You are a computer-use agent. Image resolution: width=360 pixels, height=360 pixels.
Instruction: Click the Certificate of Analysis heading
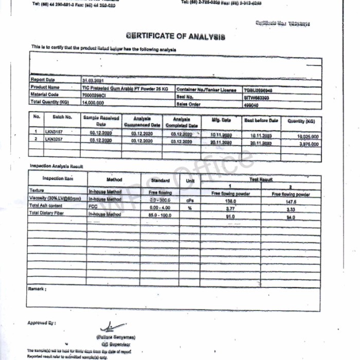pos(175,36)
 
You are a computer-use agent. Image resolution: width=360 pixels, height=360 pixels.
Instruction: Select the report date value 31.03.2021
pos(93,80)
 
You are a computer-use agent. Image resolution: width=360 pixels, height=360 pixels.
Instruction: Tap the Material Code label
pos(45,95)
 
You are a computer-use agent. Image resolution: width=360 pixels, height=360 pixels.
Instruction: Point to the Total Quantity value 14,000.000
pos(93,102)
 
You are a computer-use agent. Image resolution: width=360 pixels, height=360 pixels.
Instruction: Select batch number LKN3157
pos(53,132)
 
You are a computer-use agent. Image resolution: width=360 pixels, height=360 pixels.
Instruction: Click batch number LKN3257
pos(53,139)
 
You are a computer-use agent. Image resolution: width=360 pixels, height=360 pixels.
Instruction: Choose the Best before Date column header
pos(261,120)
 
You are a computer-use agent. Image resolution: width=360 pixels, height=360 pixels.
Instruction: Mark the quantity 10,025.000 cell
pos(308,137)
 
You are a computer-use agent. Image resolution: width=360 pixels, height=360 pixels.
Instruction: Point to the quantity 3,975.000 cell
pos(308,144)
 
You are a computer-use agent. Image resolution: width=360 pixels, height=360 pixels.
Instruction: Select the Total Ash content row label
pos(46,206)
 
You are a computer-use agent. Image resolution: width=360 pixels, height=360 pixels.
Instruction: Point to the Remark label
pos(38,290)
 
